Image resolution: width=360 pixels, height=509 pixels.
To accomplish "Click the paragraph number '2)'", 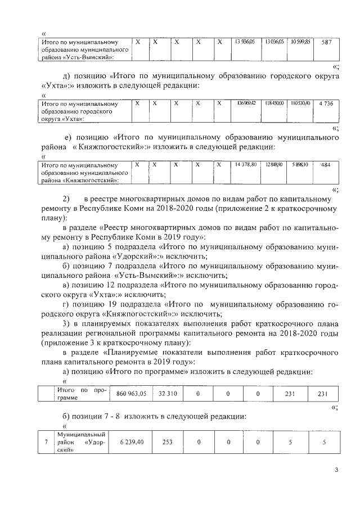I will click(x=66, y=199).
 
